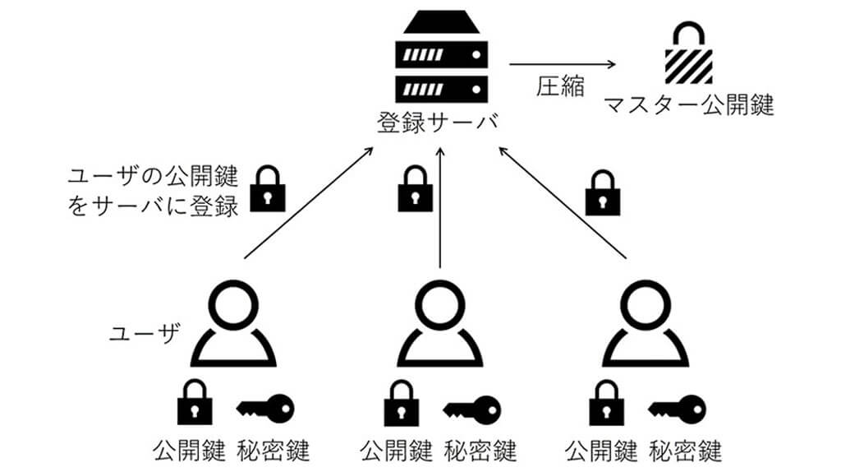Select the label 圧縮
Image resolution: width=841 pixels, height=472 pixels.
(561, 86)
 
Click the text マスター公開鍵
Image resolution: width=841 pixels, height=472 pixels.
(689, 105)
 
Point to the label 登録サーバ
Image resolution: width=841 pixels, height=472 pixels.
(439, 123)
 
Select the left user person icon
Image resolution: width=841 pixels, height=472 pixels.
(233, 324)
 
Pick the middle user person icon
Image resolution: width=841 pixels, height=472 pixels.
(439, 324)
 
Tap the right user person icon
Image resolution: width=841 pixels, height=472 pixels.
(645, 324)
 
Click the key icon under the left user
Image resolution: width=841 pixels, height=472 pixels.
(264, 405)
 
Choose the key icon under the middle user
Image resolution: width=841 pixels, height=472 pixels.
(471, 405)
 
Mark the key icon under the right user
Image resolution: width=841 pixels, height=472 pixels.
(677, 405)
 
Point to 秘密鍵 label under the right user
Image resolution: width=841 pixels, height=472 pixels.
(685, 451)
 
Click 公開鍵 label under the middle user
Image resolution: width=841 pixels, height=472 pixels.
(397, 451)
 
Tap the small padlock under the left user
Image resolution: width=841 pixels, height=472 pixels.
(193, 401)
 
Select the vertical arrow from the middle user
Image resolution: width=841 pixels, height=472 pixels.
(441, 206)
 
